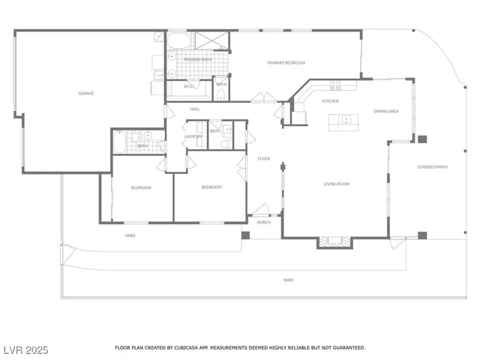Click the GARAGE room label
click(85, 94)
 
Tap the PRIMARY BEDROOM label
click(286, 62)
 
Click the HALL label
click(194, 109)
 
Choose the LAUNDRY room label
click(193, 136)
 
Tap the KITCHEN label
click(331, 100)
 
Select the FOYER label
click(264, 158)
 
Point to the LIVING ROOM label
click(337, 184)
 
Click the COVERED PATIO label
click(432, 166)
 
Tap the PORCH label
click(264, 222)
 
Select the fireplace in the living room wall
click(334, 241)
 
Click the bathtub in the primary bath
click(178, 39)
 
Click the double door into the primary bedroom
click(262, 98)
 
